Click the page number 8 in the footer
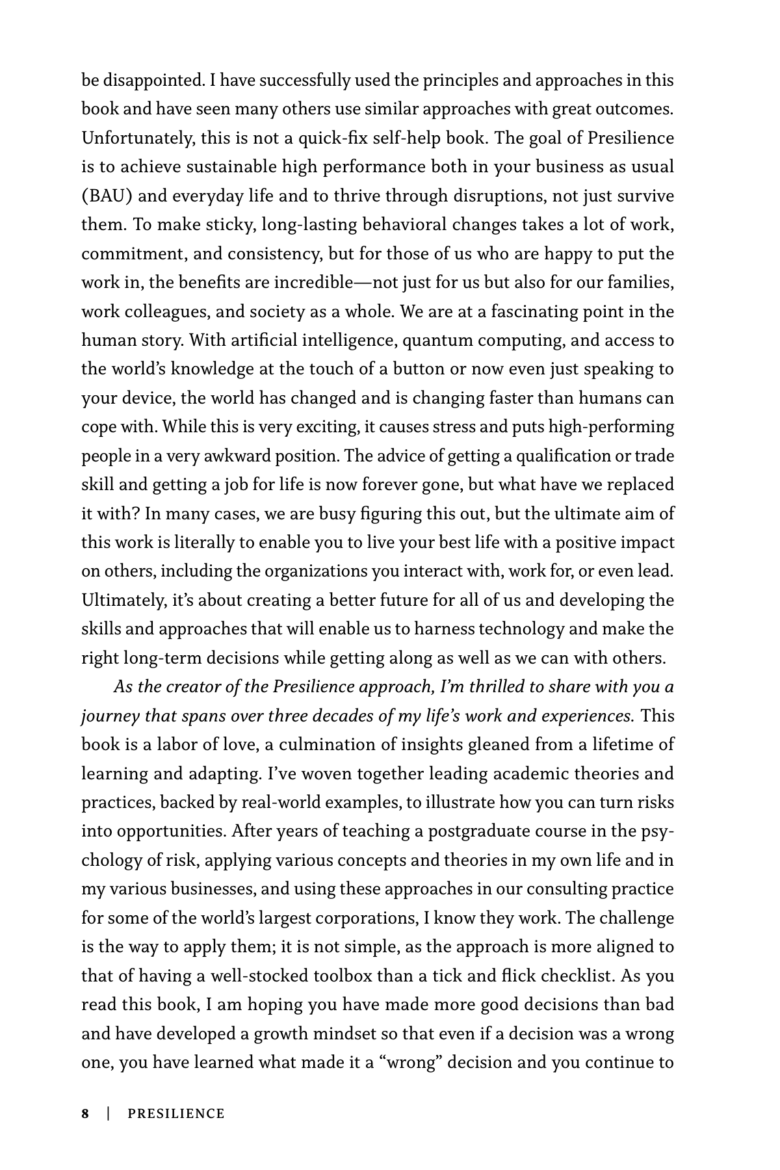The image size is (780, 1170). click(x=85, y=1114)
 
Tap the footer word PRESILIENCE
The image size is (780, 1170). click(x=176, y=1114)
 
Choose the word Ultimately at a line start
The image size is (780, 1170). click(x=123, y=601)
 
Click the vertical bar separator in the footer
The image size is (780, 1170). click(x=109, y=1114)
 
